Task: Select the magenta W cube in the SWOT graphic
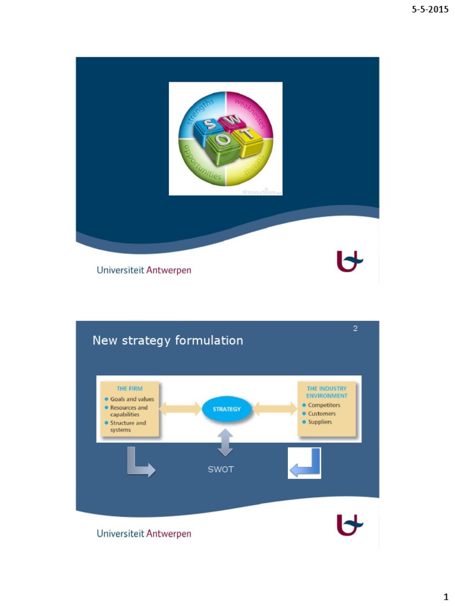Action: pyautogui.click(x=233, y=120)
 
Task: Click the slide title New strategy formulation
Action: pyautogui.click(x=168, y=341)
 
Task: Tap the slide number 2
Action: pyautogui.click(x=355, y=328)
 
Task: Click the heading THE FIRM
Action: pyautogui.click(x=129, y=389)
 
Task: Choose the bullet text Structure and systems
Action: pyautogui.click(x=128, y=427)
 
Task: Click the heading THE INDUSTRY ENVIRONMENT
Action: pyautogui.click(x=327, y=392)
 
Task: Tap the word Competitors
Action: pyautogui.click(x=324, y=405)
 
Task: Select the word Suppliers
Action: pyautogui.click(x=320, y=422)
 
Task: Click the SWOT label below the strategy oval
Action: pyautogui.click(x=220, y=469)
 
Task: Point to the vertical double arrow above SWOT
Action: pyautogui.click(x=225, y=443)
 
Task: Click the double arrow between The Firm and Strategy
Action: pyautogui.click(x=180, y=409)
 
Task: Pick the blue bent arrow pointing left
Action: pyautogui.click(x=305, y=463)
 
